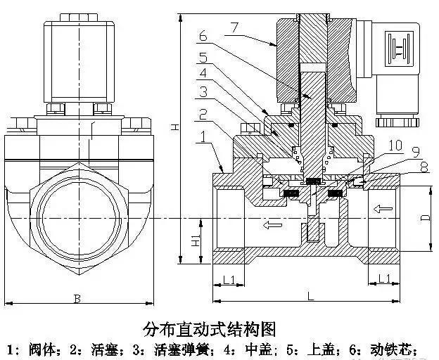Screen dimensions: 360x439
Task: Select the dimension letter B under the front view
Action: pos(77,299)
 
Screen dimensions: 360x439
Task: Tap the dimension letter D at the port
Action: pos(425,217)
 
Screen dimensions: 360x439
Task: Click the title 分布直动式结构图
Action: pos(208,328)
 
